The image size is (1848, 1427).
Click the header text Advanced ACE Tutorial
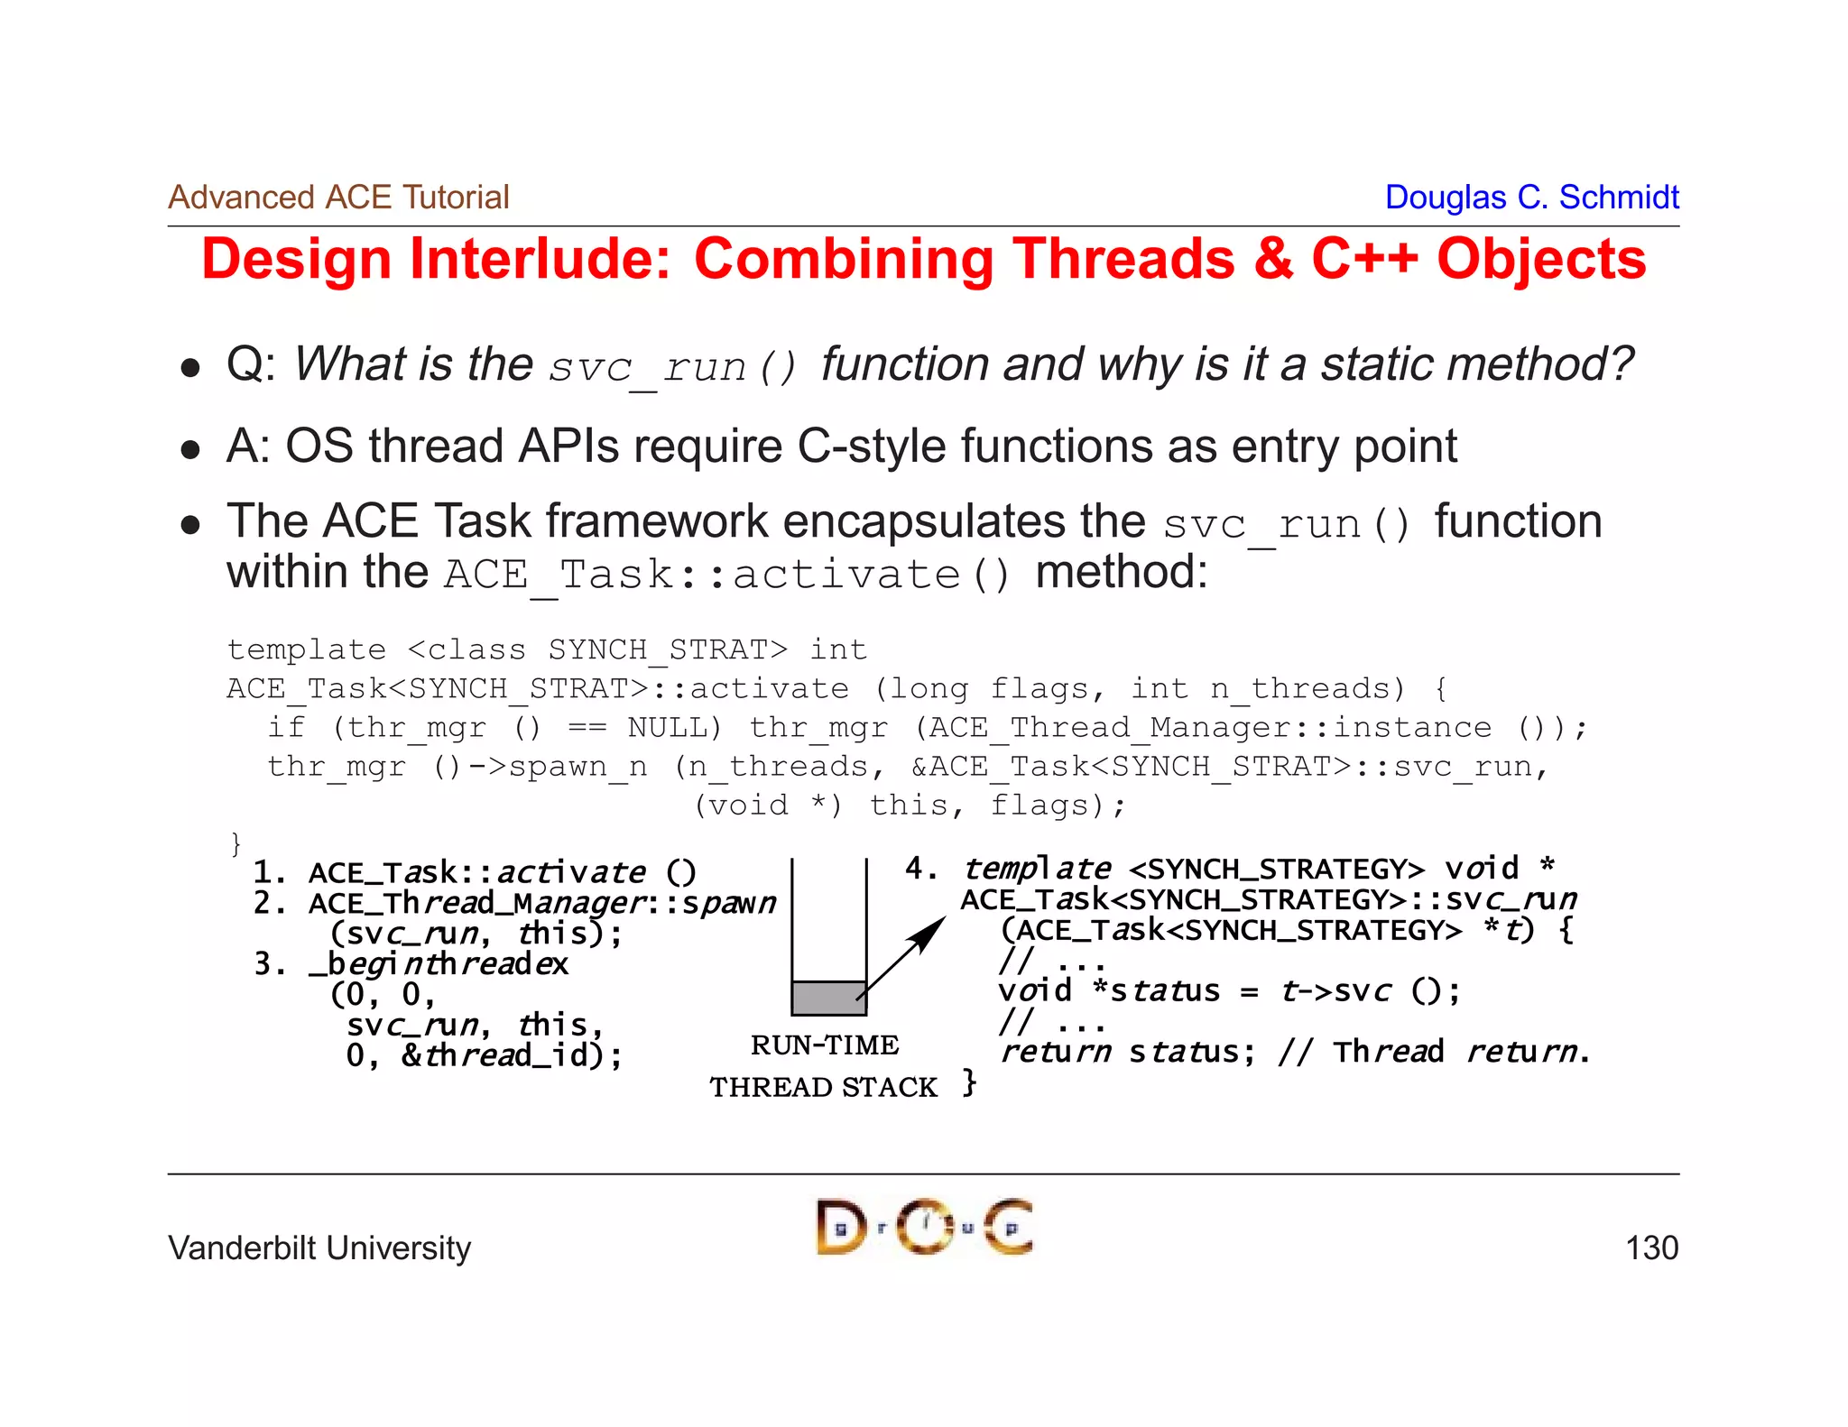point(338,197)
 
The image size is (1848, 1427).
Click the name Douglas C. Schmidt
point(1531,197)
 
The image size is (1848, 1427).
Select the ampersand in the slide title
point(1272,260)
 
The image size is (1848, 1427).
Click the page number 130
point(1650,1248)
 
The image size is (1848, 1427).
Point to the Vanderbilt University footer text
point(319,1248)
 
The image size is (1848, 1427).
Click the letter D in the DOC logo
point(839,1228)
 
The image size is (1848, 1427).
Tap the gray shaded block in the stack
point(827,998)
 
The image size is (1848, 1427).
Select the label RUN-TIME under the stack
point(824,1045)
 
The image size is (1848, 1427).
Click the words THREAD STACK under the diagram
point(823,1087)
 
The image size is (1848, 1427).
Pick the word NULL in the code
point(668,727)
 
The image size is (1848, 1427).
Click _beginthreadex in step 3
point(439,964)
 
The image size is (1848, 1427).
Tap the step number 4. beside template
point(920,868)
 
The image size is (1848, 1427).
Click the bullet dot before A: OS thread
point(189,448)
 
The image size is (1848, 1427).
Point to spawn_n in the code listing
point(577,766)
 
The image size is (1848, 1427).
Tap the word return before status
point(1056,1052)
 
